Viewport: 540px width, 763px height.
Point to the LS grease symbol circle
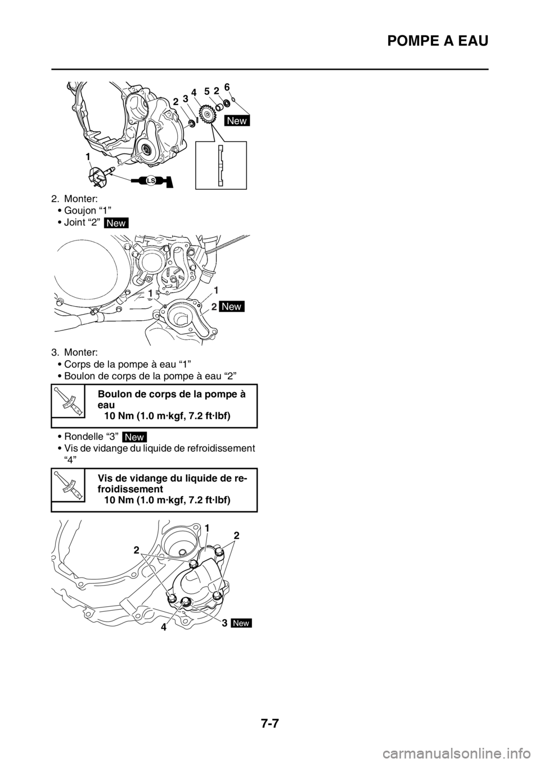click(151, 181)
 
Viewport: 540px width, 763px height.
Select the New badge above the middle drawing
click(116, 223)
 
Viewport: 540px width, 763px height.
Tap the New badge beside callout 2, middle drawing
click(233, 306)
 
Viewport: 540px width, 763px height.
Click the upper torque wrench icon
click(68, 401)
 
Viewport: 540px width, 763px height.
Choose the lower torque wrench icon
click(68, 484)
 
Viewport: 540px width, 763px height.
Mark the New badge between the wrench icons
click(134, 438)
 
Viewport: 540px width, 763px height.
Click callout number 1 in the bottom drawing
click(208, 529)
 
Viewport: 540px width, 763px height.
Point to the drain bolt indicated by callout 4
click(186, 603)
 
